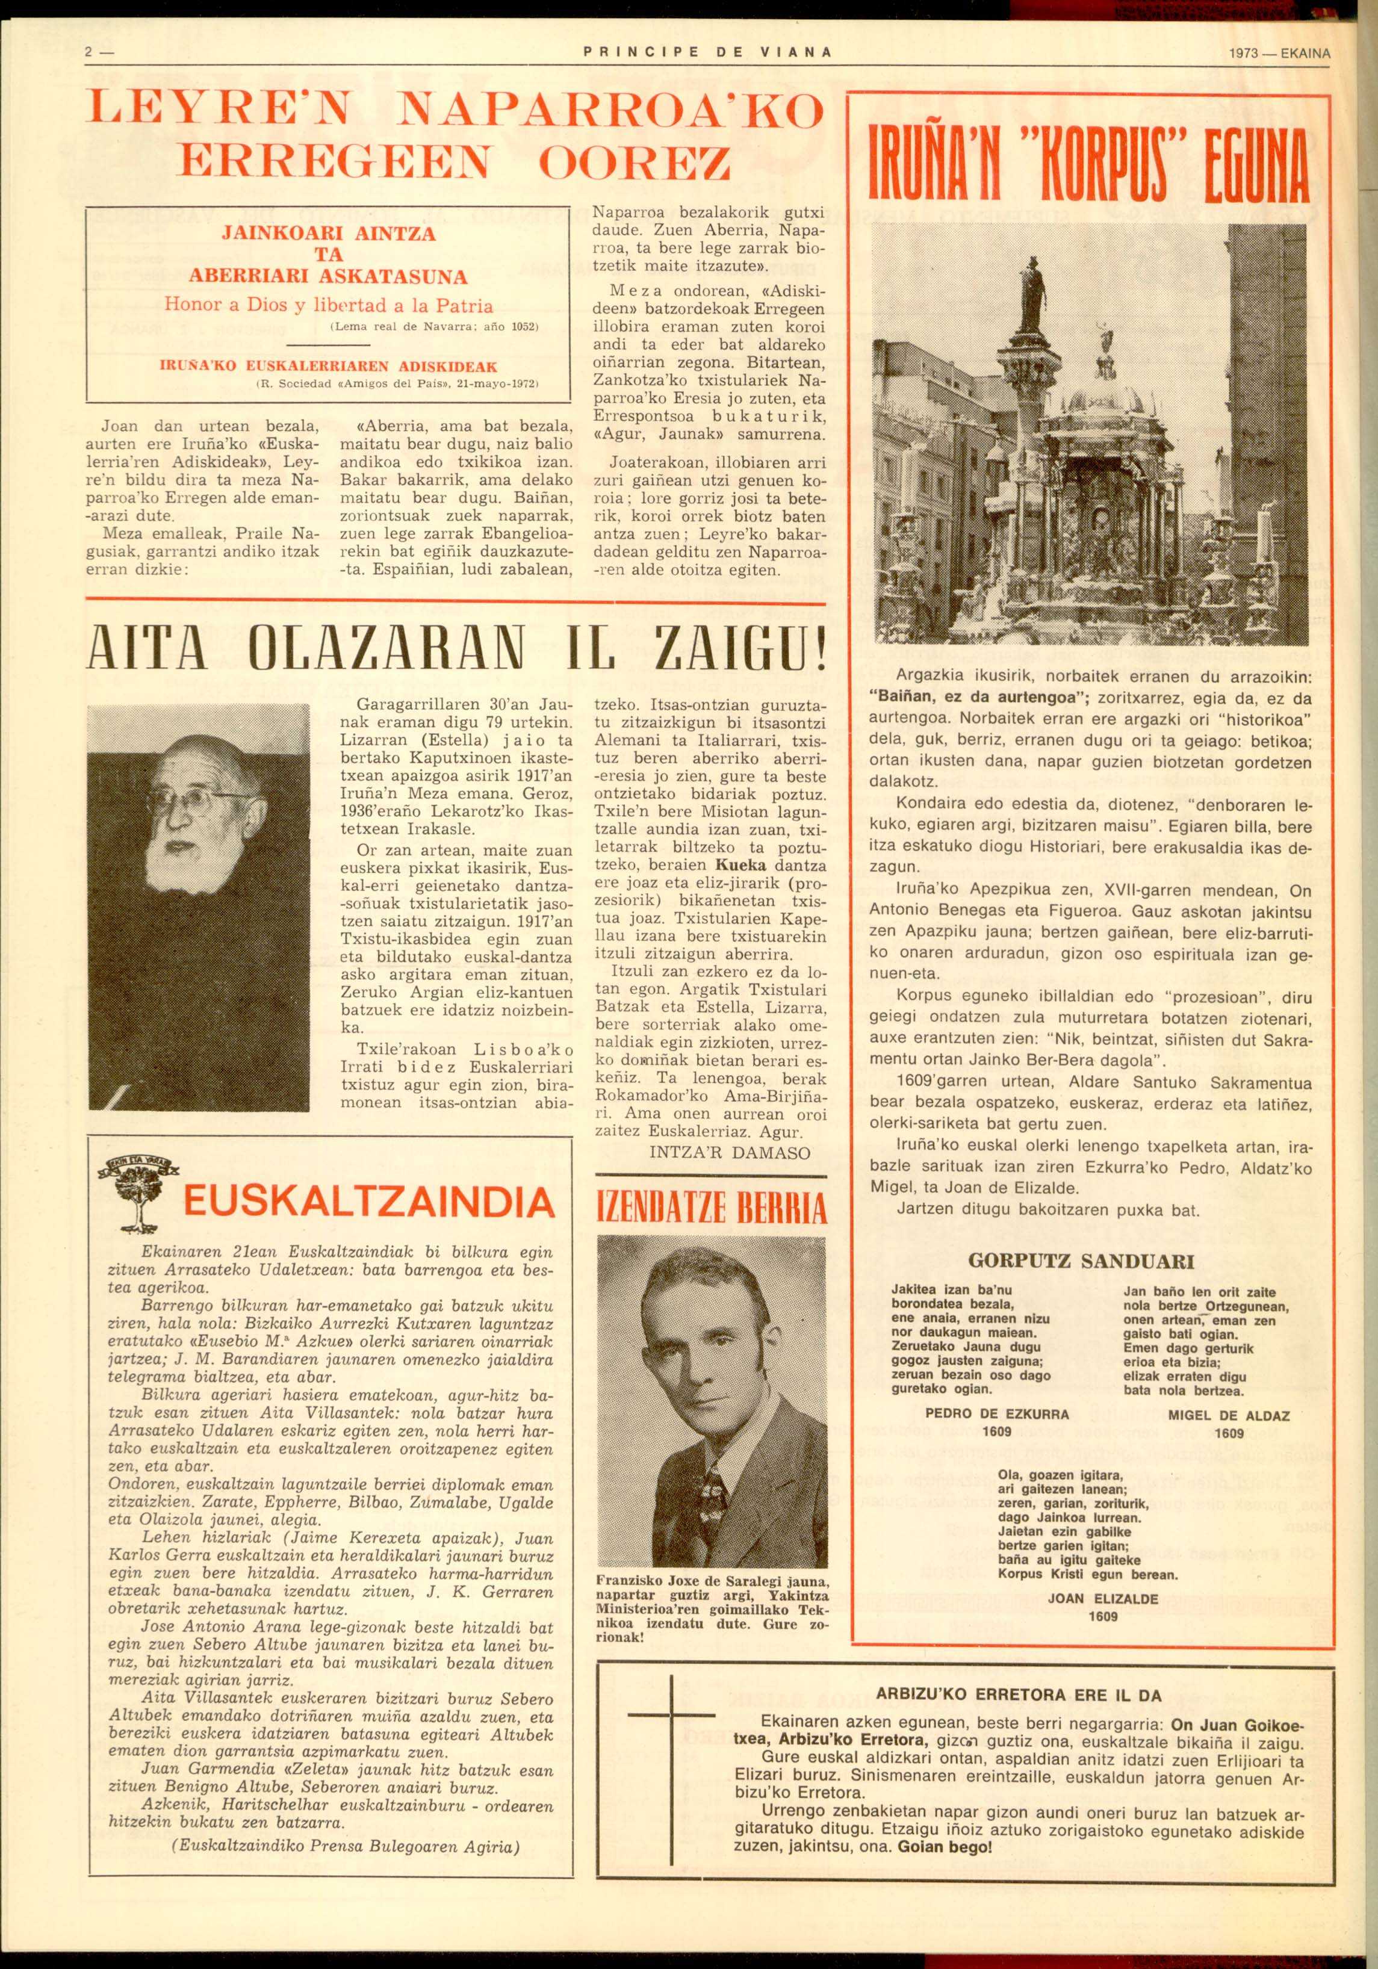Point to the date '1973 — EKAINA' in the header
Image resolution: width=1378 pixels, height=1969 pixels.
click(1279, 53)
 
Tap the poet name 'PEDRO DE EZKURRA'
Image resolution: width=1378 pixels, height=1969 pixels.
click(998, 1413)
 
